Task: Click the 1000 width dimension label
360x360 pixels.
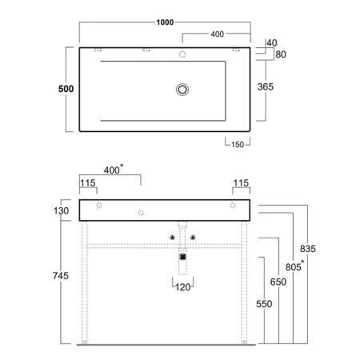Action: pos(165,22)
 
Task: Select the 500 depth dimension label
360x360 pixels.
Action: pos(66,89)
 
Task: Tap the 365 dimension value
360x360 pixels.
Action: pos(266,86)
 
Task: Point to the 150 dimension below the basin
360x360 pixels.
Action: pos(238,145)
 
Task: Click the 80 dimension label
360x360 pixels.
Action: pos(281,54)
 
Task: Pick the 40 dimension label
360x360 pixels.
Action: pos(272,43)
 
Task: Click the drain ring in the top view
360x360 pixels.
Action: pos(182,90)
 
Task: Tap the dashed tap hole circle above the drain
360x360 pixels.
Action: pos(182,54)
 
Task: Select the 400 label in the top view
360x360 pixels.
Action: pos(218,34)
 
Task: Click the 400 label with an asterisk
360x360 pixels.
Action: pos(114,170)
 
